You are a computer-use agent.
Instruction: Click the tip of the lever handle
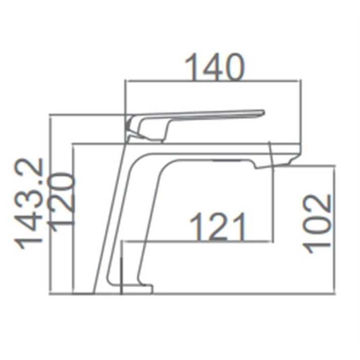261,112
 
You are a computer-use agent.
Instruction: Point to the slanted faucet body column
121,217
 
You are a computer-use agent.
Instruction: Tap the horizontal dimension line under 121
202,241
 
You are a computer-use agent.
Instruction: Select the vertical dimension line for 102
334,228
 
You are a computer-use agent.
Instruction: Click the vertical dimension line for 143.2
49,202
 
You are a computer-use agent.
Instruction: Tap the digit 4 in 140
214,67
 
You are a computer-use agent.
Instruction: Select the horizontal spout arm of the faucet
212,152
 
